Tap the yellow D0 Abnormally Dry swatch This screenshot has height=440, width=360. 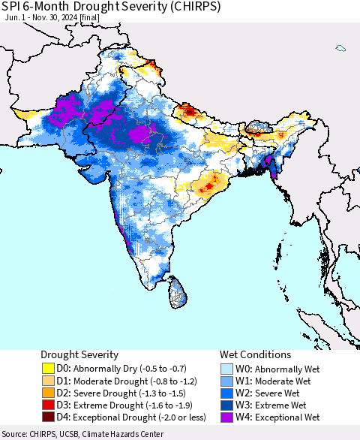coord(48,369)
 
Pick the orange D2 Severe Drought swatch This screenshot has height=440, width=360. coord(48,393)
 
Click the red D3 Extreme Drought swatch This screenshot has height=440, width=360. coord(48,405)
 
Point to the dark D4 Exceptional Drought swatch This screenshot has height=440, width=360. coord(48,417)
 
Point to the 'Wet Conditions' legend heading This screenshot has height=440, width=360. coord(255,354)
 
